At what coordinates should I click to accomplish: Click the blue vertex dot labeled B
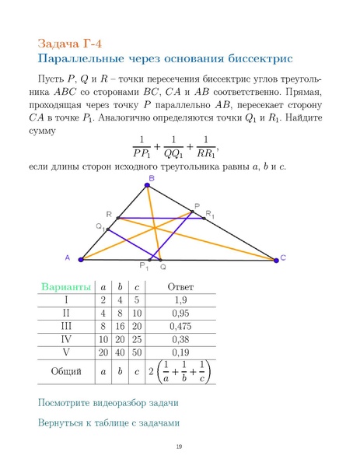click(147, 185)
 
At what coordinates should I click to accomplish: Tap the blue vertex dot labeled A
click(81, 258)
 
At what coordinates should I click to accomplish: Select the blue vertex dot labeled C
click(276, 258)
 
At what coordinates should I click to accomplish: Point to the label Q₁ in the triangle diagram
click(100, 226)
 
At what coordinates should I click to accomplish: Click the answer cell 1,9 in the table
click(180, 300)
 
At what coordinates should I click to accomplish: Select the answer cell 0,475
click(180, 327)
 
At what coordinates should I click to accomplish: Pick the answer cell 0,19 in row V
click(180, 353)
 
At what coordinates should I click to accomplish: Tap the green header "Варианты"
click(66, 286)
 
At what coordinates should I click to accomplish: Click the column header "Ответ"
click(180, 286)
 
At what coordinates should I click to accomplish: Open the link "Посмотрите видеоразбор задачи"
click(108, 403)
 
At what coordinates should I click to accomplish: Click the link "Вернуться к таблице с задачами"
click(108, 423)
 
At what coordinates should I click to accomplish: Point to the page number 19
click(179, 447)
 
